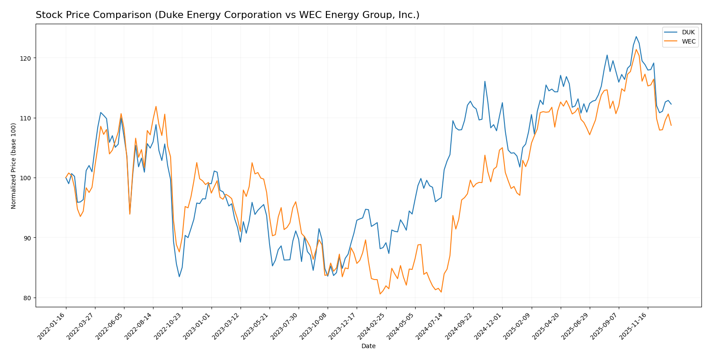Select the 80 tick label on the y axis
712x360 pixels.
point(27,298)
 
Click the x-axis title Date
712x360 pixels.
point(368,346)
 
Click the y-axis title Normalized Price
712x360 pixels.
point(14,166)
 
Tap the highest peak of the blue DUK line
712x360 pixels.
point(636,36)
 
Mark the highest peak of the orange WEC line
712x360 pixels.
point(636,49)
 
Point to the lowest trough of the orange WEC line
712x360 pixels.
point(380,294)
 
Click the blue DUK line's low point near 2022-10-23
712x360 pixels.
point(179,276)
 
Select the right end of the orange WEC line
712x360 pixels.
point(671,125)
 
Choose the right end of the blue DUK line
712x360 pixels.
point(671,104)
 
